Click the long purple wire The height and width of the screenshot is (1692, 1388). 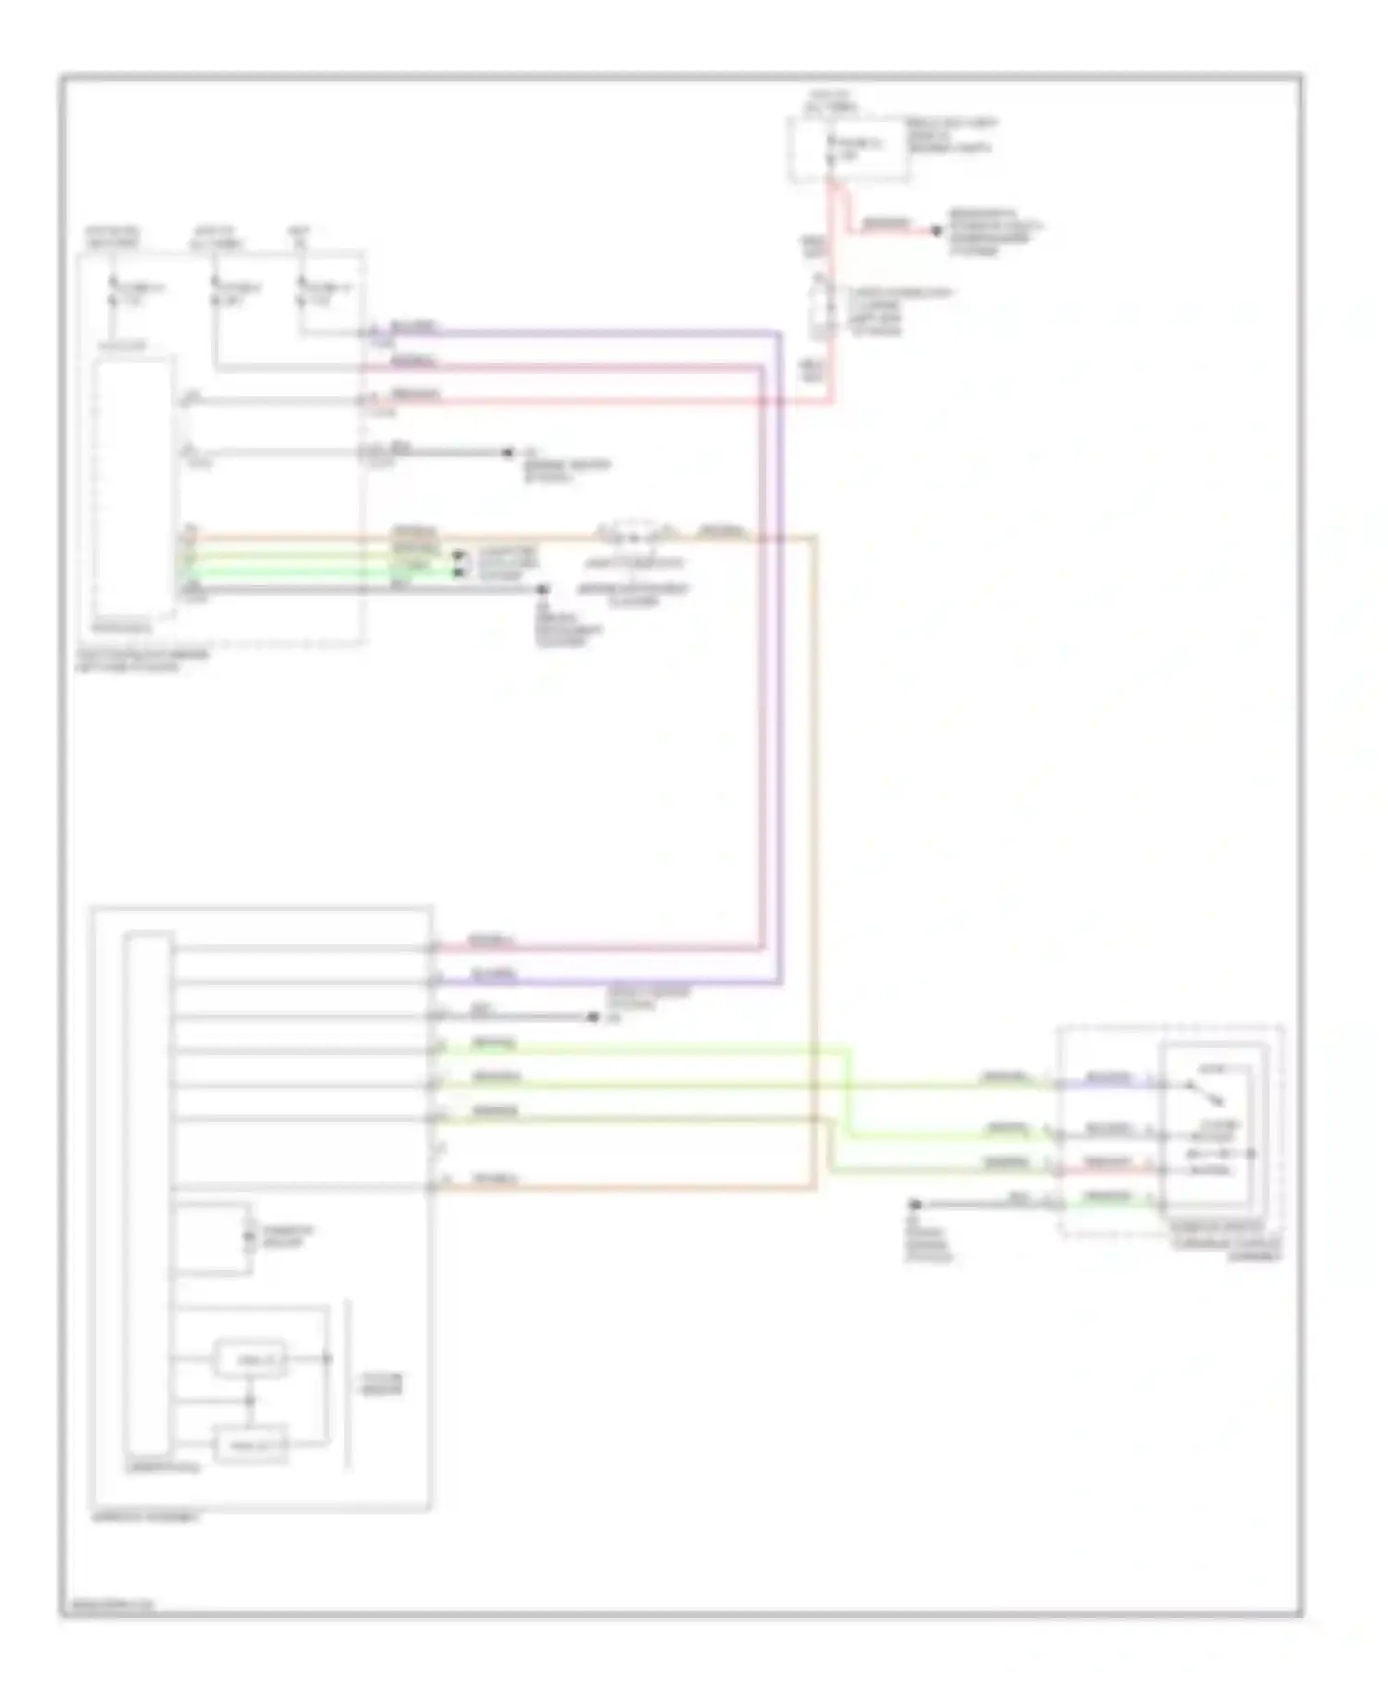pos(780,648)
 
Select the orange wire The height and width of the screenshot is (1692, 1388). pos(815,833)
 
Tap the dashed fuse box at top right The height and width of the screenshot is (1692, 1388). pos(848,148)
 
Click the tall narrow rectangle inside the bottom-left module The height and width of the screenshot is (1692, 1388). pos(148,1194)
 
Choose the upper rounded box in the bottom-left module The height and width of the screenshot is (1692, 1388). pos(250,1359)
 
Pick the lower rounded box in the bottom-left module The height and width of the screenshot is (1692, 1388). pos(250,1444)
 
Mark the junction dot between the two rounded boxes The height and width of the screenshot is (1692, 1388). pos(249,1400)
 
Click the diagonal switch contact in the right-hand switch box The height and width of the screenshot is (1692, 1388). pos(1207,1094)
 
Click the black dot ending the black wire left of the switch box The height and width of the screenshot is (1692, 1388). pos(915,1204)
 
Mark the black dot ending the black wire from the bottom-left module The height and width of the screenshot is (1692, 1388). pos(593,1017)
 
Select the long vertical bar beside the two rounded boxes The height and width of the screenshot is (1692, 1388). pos(348,1384)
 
